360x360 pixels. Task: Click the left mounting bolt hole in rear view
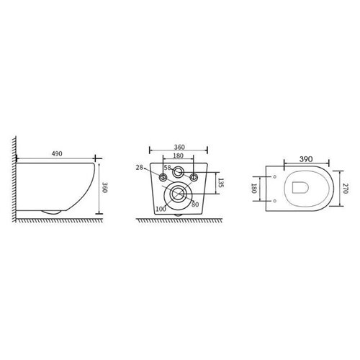click(x=163, y=175)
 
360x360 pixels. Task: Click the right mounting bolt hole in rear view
click(x=193, y=175)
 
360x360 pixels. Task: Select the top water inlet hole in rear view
click(x=178, y=175)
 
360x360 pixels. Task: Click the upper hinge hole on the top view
click(x=276, y=176)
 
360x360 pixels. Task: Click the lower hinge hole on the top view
click(x=276, y=199)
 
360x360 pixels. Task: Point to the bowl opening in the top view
click(x=302, y=187)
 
